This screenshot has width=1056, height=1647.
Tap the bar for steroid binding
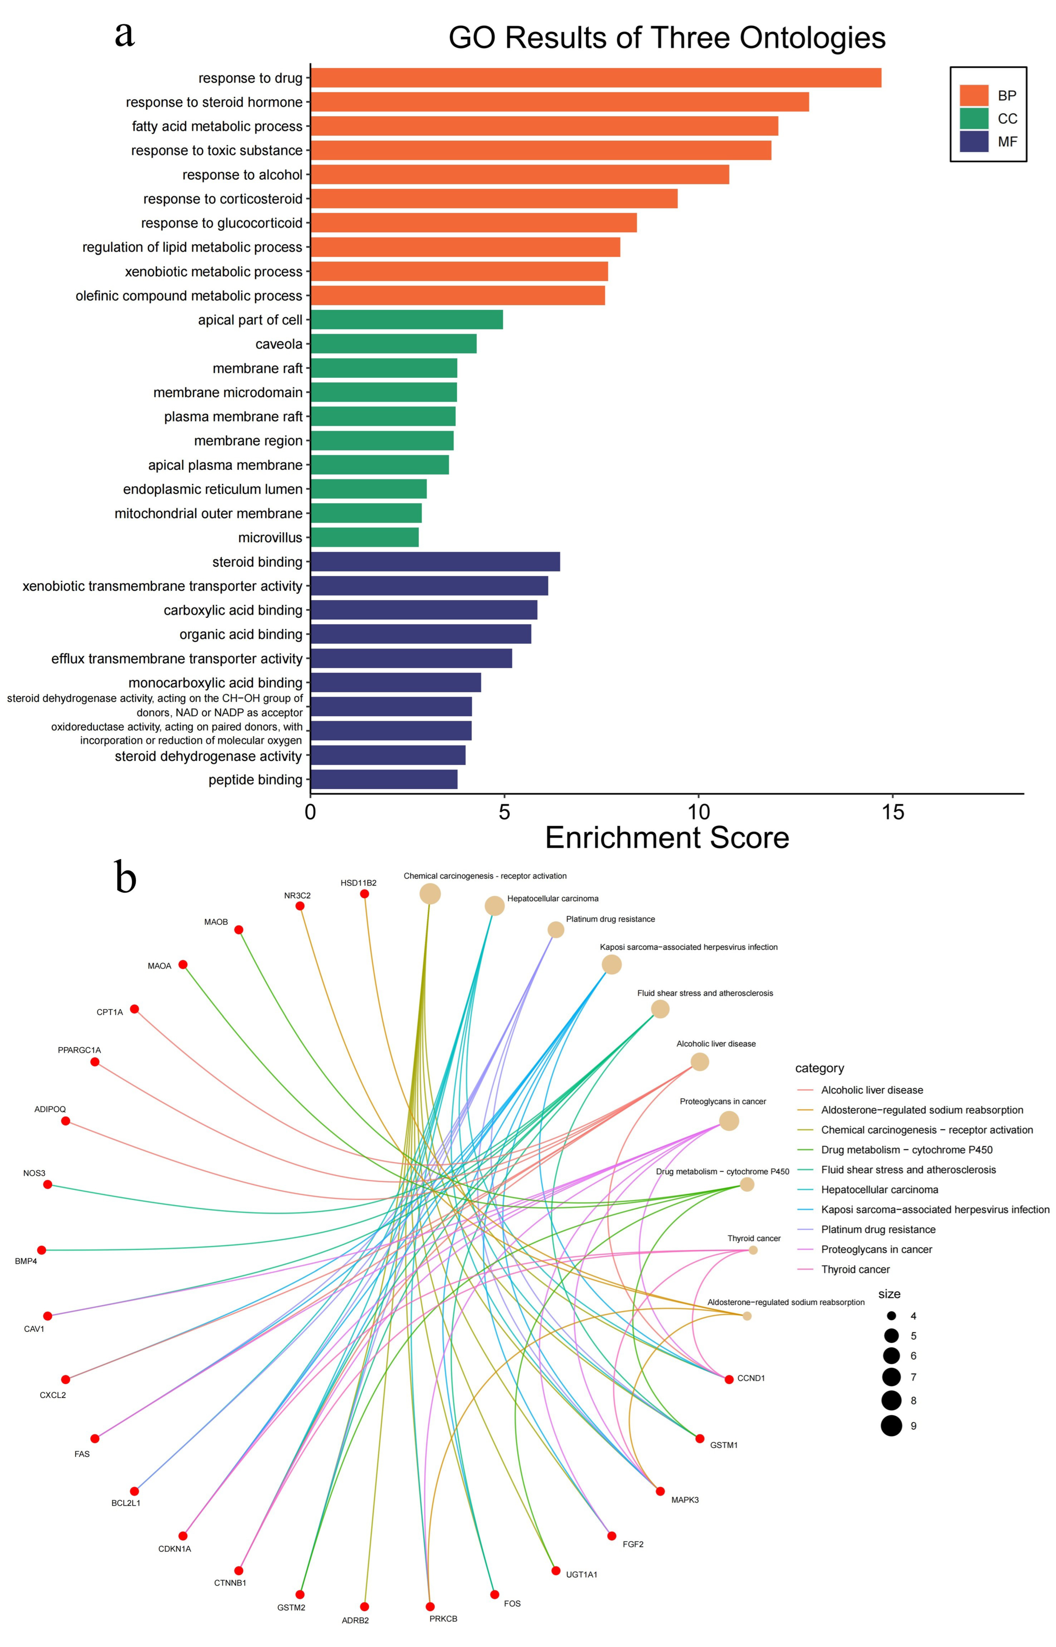(x=435, y=562)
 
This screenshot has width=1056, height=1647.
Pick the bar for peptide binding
(x=384, y=780)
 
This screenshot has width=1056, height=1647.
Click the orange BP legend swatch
(x=974, y=95)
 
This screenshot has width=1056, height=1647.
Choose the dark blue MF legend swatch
(x=974, y=141)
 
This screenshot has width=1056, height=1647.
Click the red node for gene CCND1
(x=729, y=1379)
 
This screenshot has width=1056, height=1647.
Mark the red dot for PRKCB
(x=430, y=1606)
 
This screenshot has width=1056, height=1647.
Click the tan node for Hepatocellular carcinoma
(x=494, y=906)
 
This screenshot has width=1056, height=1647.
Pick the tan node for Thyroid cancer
(x=753, y=1250)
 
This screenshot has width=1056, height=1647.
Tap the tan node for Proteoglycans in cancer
(x=729, y=1121)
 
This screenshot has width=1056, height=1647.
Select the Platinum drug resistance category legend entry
(x=878, y=1229)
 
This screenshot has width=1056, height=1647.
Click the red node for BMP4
(x=42, y=1250)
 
